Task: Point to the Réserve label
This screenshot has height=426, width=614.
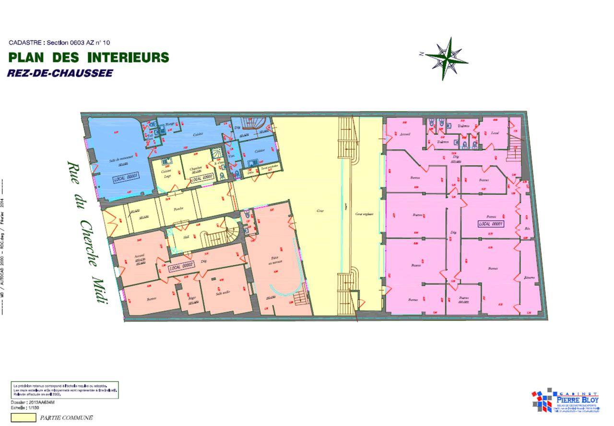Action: pos(530,277)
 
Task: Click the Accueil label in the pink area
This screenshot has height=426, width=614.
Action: pos(404,134)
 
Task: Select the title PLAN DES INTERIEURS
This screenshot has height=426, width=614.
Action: pos(89,58)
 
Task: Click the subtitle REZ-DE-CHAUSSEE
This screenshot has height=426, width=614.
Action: pos(60,73)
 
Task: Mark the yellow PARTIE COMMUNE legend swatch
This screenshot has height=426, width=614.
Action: pos(23,417)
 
